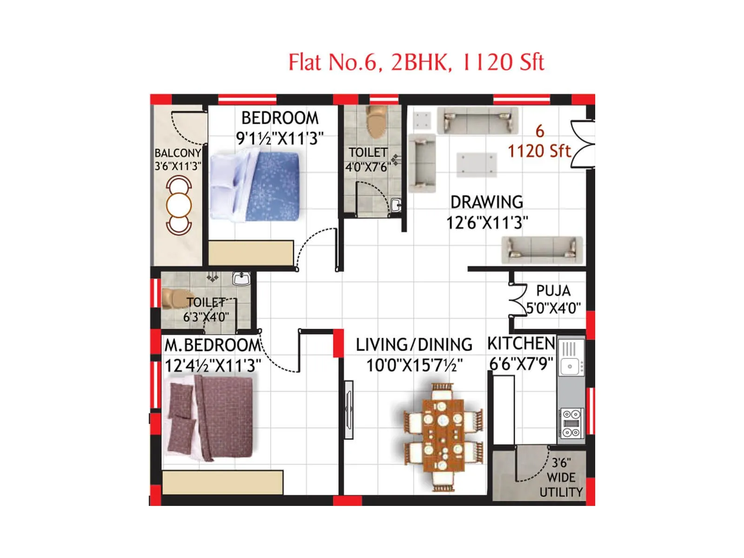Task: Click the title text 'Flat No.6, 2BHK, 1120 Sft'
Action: [x=416, y=62]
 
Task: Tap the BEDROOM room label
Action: [x=280, y=118]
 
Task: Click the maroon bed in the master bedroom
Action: [x=209, y=418]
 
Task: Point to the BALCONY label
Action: [x=178, y=153]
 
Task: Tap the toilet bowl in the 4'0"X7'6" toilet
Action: [x=376, y=122]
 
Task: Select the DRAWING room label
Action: [x=486, y=202]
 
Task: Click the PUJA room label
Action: [x=553, y=291]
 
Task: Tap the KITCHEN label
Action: [x=521, y=344]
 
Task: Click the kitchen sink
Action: [x=569, y=365]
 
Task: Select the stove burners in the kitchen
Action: [x=571, y=423]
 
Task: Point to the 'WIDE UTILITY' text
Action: [x=561, y=485]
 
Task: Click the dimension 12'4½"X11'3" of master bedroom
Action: [x=213, y=365]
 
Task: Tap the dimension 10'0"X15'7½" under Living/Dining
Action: [x=414, y=365]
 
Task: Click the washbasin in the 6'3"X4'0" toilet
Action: [x=241, y=279]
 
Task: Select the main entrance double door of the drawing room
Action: [x=583, y=144]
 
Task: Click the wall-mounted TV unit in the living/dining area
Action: [x=349, y=409]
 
